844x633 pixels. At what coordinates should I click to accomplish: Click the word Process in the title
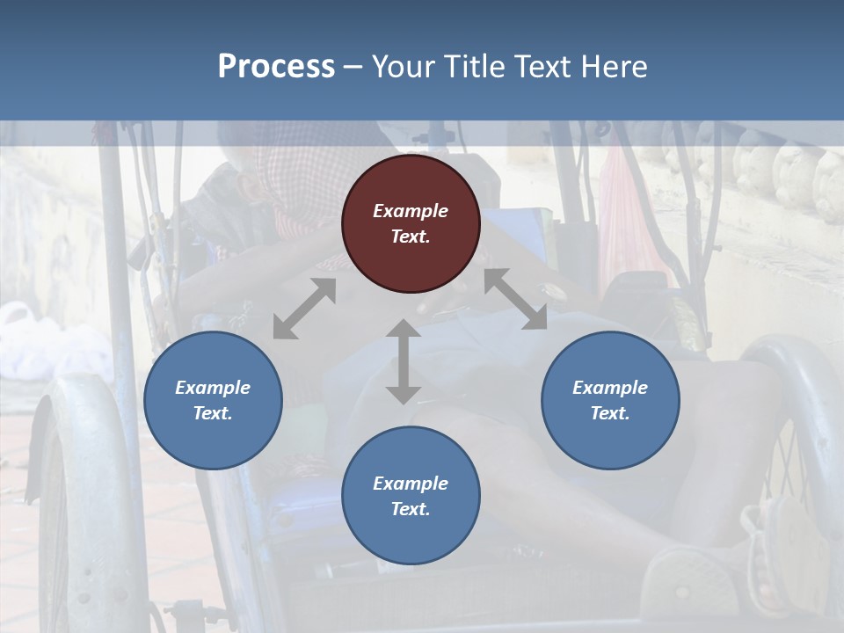coord(276,66)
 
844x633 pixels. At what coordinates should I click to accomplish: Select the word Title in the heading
coord(476,66)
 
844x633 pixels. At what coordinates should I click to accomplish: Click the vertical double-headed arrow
coord(403,361)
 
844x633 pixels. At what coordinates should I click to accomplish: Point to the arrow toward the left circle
coord(304,309)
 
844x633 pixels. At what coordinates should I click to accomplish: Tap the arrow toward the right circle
coord(515,299)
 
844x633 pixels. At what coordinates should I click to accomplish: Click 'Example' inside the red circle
coord(411,211)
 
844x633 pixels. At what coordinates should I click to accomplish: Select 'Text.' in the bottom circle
coord(411,509)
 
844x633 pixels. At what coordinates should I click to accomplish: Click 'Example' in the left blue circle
coord(213,388)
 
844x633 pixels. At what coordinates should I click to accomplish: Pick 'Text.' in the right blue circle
coord(610,413)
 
